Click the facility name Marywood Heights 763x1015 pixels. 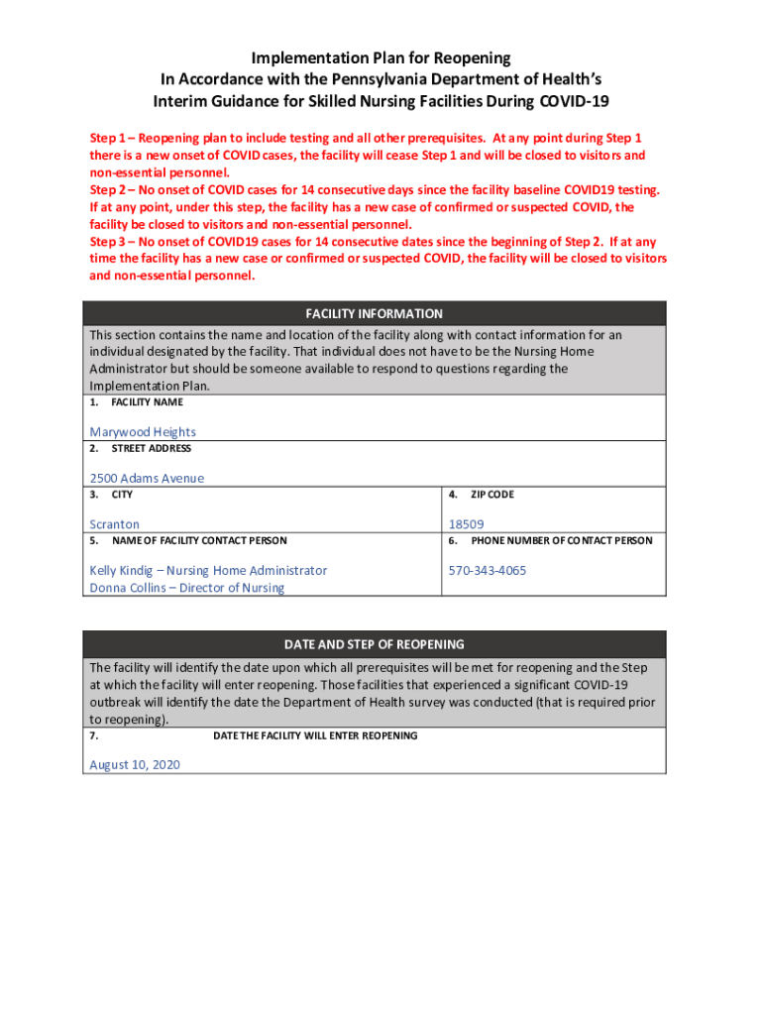[x=143, y=432]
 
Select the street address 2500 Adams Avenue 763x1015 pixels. [x=147, y=478]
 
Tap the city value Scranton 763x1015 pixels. [x=115, y=524]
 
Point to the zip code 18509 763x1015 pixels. [x=466, y=524]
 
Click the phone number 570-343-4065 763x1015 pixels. [x=488, y=571]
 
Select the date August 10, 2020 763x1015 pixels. [x=135, y=765]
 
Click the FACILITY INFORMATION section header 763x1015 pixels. [x=374, y=313]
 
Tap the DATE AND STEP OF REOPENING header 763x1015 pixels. [x=374, y=644]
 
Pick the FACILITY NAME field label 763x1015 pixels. [x=147, y=402]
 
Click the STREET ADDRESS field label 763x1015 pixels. [x=151, y=449]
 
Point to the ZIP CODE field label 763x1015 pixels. [x=492, y=495]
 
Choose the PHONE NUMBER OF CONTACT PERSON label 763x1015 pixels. [x=562, y=541]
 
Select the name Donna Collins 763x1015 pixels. [x=128, y=588]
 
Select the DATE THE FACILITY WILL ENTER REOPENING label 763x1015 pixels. [x=315, y=735]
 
